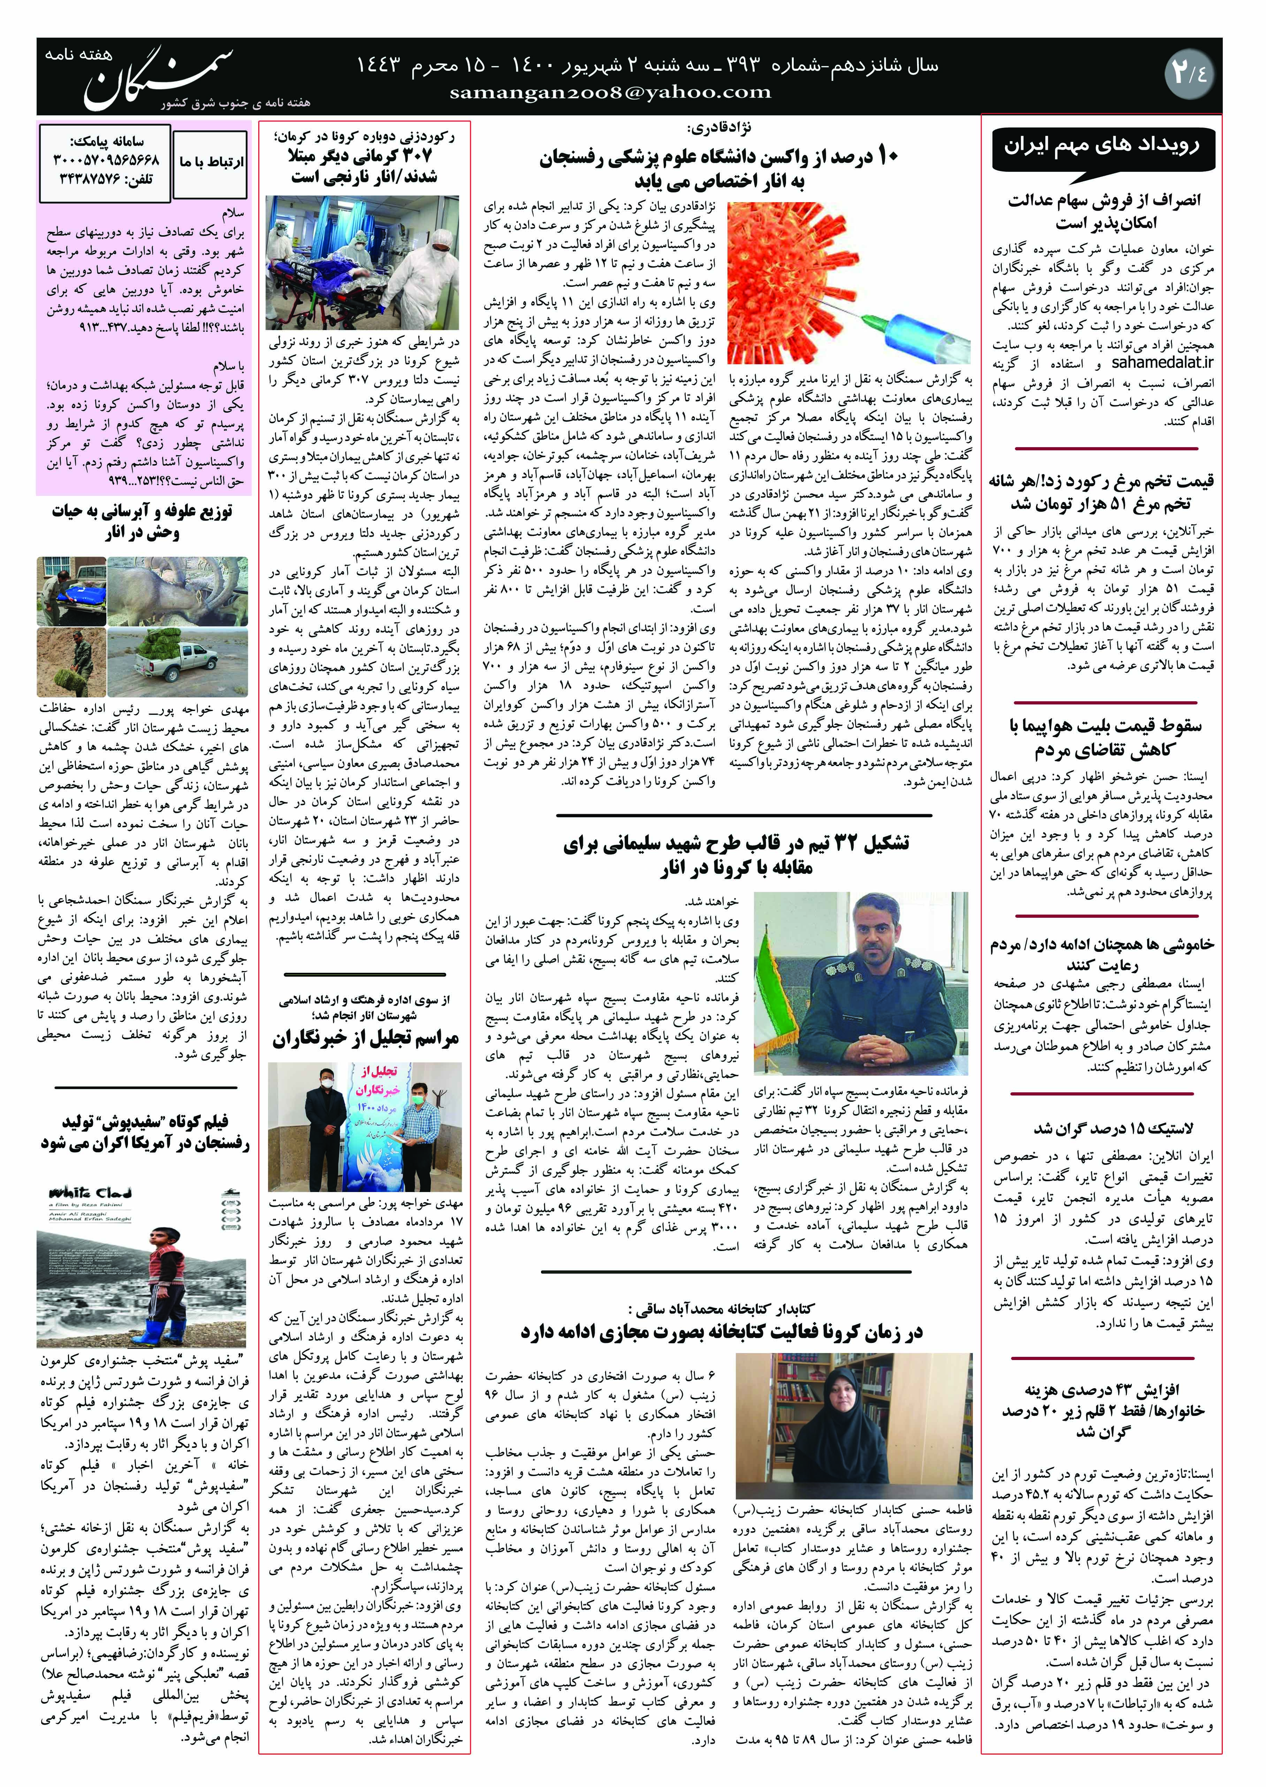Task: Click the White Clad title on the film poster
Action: [x=90, y=1192]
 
